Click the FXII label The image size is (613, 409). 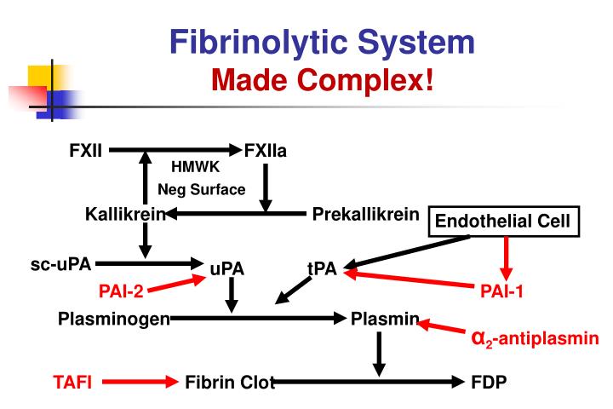click(86, 151)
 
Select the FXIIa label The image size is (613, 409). click(266, 151)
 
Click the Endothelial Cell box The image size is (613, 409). click(506, 222)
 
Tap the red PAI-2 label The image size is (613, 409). click(121, 291)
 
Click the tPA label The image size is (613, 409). click(323, 269)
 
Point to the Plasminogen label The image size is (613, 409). click(114, 319)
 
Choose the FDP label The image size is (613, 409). click(489, 383)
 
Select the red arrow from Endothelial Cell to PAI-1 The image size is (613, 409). click(507, 257)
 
